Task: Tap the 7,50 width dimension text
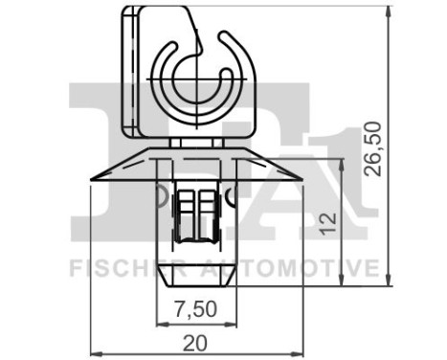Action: [196, 308]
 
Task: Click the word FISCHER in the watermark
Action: [117, 266]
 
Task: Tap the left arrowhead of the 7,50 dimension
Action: [160, 322]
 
